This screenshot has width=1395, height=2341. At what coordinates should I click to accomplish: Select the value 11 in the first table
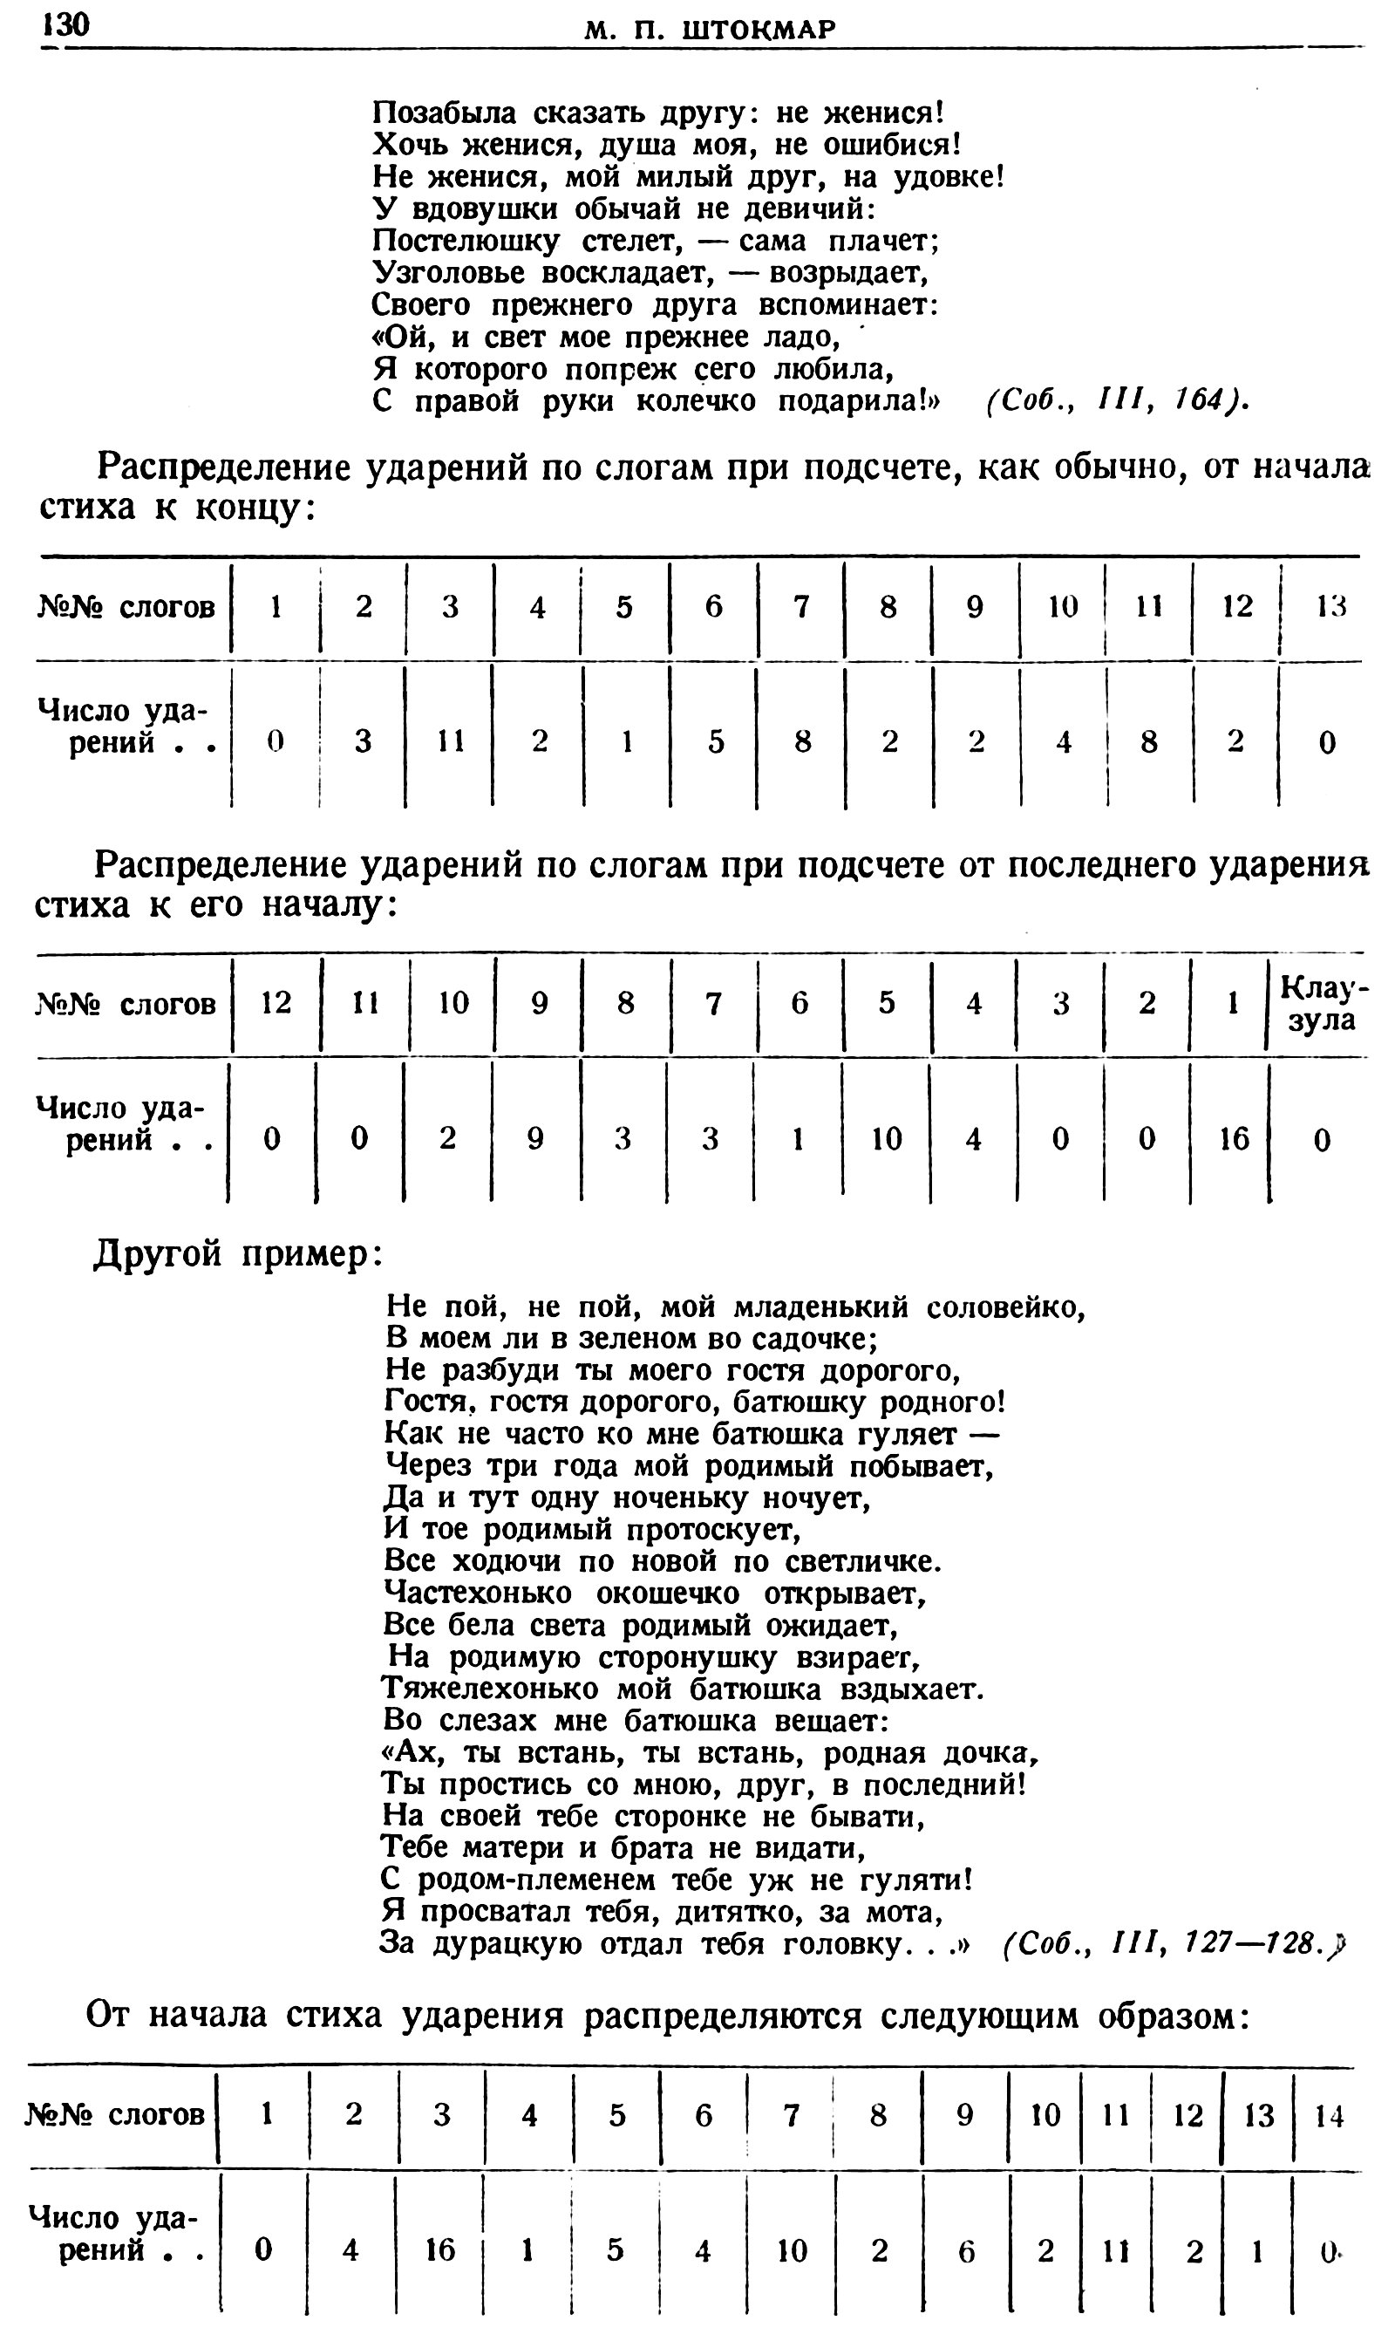[x=450, y=741]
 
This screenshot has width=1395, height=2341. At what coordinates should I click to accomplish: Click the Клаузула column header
[x=1322, y=1004]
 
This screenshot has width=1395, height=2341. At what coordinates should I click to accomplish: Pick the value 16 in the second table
[x=1234, y=1139]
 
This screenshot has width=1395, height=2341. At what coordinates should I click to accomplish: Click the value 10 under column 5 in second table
[x=886, y=1139]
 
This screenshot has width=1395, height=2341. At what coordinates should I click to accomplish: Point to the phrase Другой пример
[x=237, y=1254]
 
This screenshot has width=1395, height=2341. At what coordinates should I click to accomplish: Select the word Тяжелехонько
[x=490, y=1689]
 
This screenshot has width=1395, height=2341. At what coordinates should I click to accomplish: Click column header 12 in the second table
[x=276, y=1004]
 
